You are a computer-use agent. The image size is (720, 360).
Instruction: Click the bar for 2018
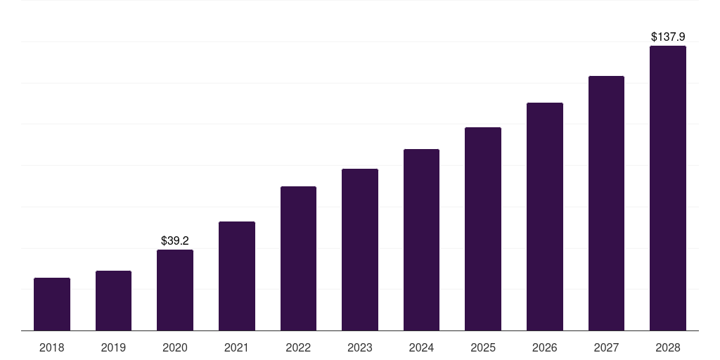click(x=52, y=304)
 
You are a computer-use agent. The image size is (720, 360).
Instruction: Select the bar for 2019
click(x=113, y=300)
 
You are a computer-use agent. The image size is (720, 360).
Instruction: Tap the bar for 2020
click(x=175, y=290)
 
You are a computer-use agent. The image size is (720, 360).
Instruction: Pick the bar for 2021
click(x=237, y=276)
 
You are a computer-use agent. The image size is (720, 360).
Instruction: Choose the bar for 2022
click(x=298, y=258)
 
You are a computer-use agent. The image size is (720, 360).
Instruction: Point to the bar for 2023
click(x=360, y=250)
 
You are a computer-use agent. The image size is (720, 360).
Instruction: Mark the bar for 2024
click(x=421, y=240)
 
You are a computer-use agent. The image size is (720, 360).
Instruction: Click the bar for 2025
click(x=483, y=229)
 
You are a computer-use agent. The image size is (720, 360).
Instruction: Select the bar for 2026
click(x=545, y=217)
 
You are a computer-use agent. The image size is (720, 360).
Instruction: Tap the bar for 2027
click(x=606, y=203)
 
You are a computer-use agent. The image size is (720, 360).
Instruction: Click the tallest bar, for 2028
click(x=668, y=188)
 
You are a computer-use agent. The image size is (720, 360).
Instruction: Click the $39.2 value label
click(x=175, y=240)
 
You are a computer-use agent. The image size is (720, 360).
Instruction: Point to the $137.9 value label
click(x=668, y=37)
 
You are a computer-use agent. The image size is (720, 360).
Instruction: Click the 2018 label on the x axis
click(x=52, y=347)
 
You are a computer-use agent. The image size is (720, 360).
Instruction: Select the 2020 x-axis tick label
click(x=175, y=347)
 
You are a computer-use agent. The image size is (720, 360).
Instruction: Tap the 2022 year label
click(x=298, y=347)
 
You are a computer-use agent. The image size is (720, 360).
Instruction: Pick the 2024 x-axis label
click(x=421, y=347)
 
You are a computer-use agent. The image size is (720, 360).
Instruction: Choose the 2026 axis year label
click(x=545, y=347)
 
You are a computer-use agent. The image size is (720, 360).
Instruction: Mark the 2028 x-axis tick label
click(x=668, y=347)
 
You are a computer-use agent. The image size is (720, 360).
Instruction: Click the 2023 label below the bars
click(x=360, y=347)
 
